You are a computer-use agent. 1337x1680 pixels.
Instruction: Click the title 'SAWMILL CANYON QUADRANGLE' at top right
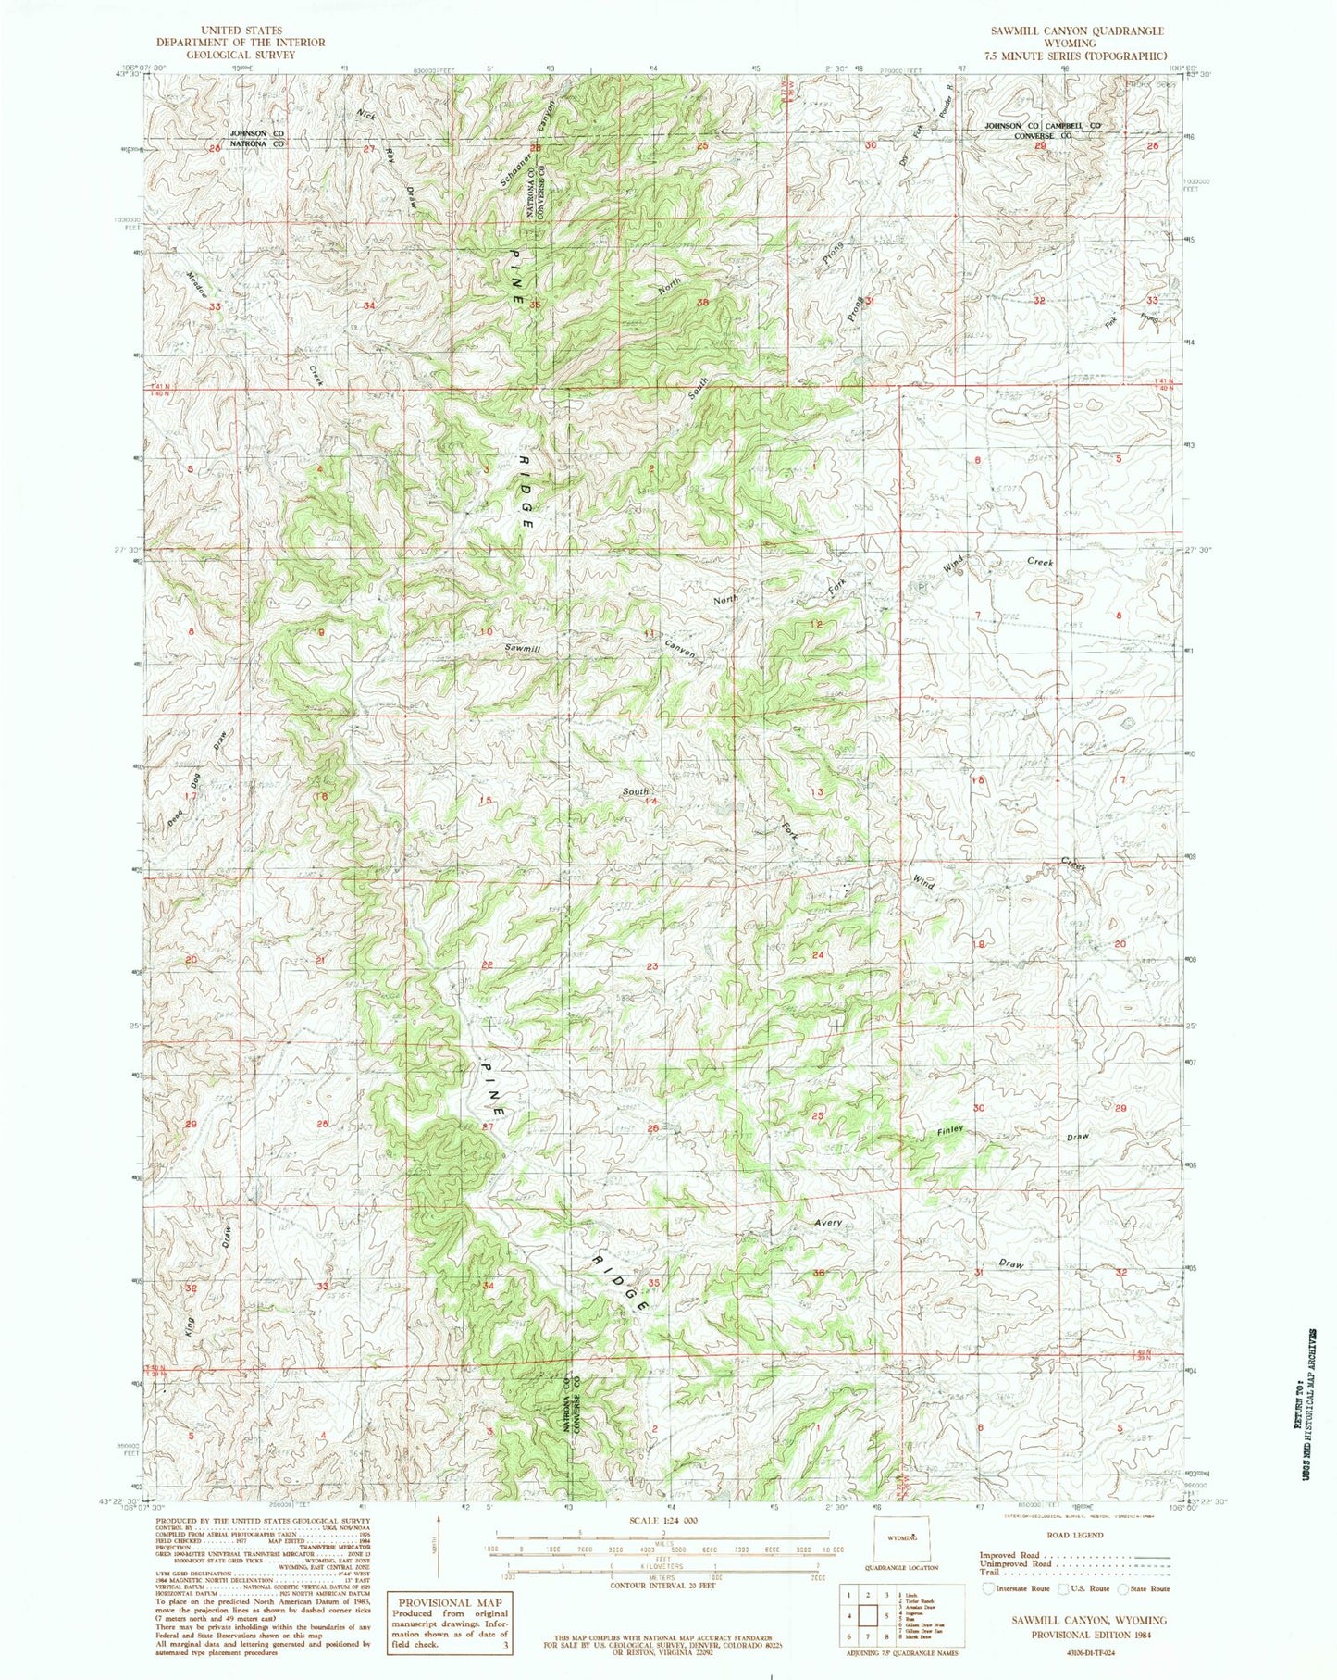[1077, 31]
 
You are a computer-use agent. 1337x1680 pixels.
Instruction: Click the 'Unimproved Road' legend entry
[1011, 1563]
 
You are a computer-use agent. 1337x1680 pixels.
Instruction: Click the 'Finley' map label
[950, 1132]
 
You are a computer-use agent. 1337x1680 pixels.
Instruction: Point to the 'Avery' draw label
[828, 1223]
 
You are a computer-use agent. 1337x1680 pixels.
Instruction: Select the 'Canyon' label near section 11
[679, 651]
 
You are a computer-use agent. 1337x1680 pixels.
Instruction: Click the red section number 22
[487, 965]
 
